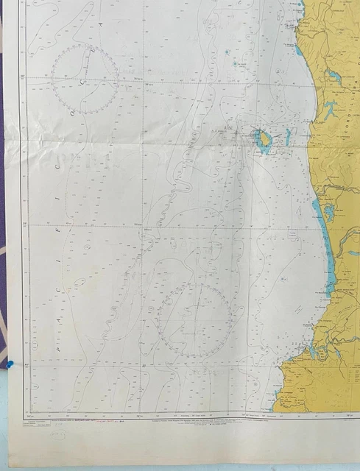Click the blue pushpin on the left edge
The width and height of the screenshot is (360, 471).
pos(11,364)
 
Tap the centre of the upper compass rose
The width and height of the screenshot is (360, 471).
pos(85,79)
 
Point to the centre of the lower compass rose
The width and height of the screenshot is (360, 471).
pos(194,321)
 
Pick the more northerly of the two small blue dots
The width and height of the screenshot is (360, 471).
pos(227,52)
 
